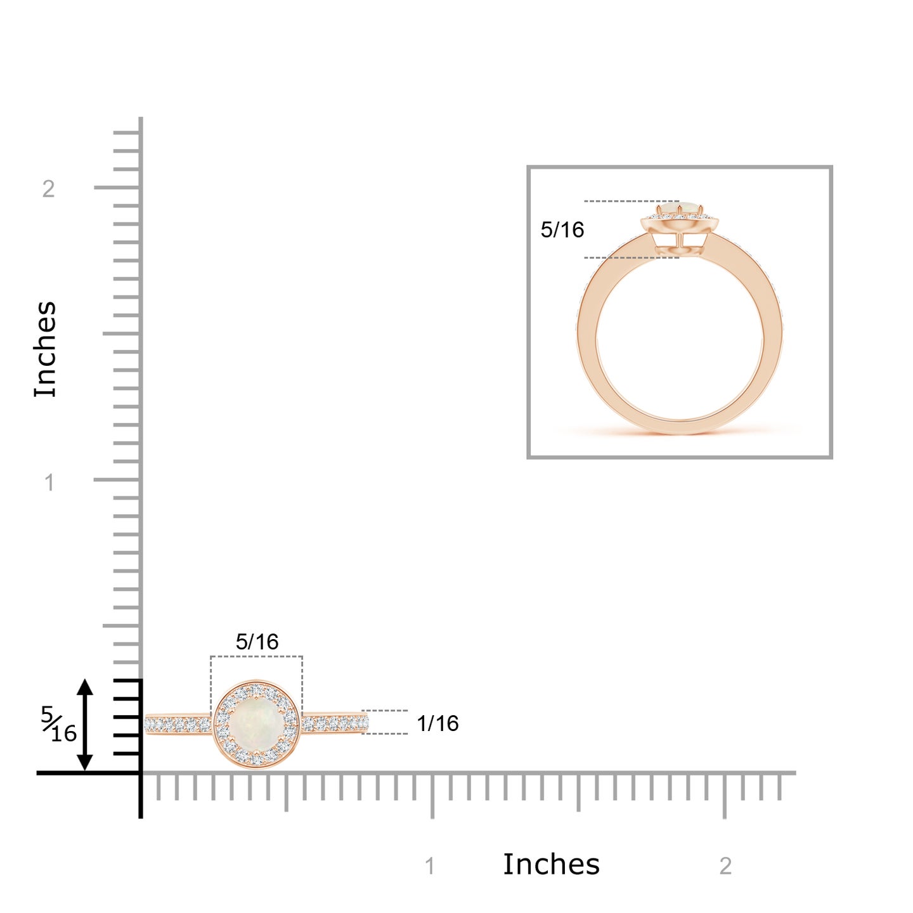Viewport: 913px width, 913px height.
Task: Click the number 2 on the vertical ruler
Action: point(48,189)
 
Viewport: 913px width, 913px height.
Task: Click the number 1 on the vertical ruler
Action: point(49,482)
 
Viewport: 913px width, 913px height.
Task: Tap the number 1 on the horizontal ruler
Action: point(430,866)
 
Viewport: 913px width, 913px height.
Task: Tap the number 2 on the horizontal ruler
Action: point(725,866)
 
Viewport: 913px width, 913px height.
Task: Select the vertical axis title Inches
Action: point(45,349)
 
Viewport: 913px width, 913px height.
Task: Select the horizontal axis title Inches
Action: point(551,864)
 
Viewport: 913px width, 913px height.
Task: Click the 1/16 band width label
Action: point(437,724)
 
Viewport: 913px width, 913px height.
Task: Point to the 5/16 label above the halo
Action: point(257,642)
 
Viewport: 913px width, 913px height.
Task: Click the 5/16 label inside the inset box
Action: point(562,230)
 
